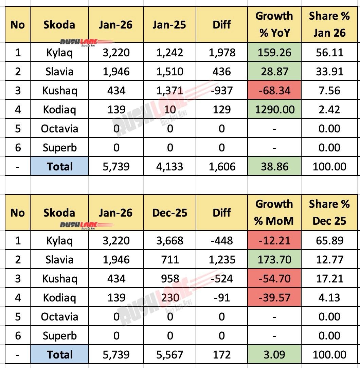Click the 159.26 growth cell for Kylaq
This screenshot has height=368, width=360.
click(x=274, y=53)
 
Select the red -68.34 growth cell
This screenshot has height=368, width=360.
click(x=274, y=91)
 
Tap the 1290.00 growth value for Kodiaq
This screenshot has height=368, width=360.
click(x=274, y=110)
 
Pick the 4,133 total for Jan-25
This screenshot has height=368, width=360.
click(x=170, y=166)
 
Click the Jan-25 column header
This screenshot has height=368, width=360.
click(x=170, y=25)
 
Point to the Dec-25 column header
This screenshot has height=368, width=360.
click(x=170, y=213)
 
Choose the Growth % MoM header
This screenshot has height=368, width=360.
click(x=274, y=213)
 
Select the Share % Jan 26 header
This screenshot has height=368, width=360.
click(x=329, y=25)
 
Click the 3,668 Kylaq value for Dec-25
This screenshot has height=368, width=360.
click(x=170, y=241)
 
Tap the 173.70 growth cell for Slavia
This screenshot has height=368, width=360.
click(x=274, y=260)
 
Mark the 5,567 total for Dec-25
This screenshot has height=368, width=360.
click(x=170, y=355)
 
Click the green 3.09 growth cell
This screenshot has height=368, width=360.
click(x=274, y=355)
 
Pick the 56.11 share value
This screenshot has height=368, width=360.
click(x=329, y=53)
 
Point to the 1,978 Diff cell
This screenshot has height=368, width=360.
click(x=222, y=53)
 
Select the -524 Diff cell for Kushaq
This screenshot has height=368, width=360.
click(x=222, y=279)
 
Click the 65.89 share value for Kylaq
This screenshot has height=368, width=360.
click(x=329, y=241)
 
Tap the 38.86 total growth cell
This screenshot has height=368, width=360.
click(x=274, y=166)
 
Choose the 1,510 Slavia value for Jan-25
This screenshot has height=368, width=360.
click(x=170, y=72)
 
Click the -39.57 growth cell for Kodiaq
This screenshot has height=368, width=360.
click(x=274, y=298)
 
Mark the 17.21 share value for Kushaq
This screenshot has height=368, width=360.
click(x=329, y=279)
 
